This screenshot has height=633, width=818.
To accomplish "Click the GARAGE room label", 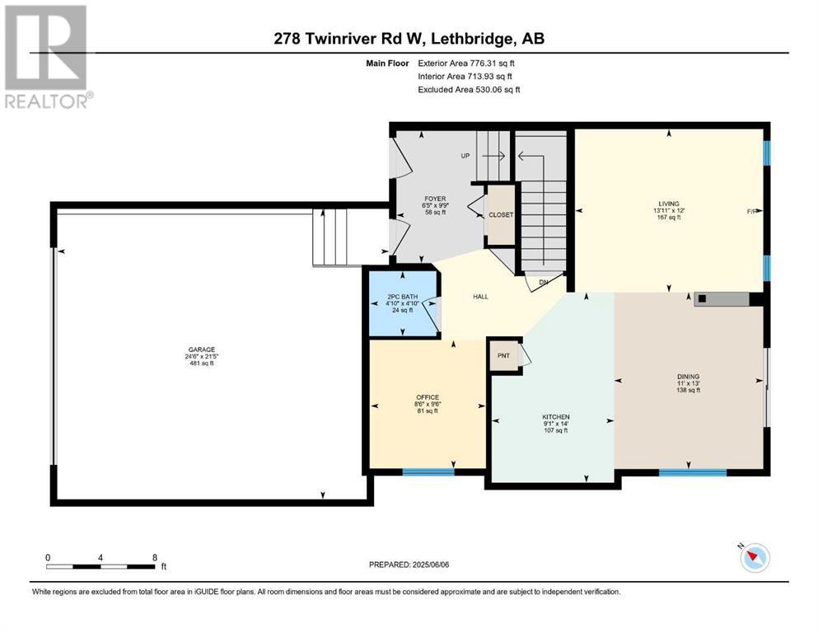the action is point(202,349).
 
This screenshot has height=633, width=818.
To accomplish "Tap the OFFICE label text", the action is point(428,397).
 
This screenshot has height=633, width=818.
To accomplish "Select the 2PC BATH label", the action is point(403,297).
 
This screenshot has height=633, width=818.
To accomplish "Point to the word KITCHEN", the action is point(556,417).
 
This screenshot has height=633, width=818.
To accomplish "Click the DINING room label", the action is point(689,376).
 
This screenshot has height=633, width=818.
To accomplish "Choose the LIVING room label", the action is point(669,204).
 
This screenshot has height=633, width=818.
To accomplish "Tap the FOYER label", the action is point(435,199).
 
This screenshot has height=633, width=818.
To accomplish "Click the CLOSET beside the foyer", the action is point(501,214).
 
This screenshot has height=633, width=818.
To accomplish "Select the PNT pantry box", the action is point(504,355).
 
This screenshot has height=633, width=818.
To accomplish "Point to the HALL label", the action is point(480,297).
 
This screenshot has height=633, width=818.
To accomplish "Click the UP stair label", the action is point(465,156).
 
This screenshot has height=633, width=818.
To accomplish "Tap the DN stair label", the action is point(544,282).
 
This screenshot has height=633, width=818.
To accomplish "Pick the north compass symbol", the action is point(754,557).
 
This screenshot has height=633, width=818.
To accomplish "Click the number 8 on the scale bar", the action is point(155,557).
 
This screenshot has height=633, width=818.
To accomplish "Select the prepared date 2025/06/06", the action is point(430,565).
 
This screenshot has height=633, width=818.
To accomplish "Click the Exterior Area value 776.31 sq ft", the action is point(493,63).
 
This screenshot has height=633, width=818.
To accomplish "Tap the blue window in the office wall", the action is point(428,471).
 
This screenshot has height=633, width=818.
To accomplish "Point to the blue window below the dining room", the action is point(693,472).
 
